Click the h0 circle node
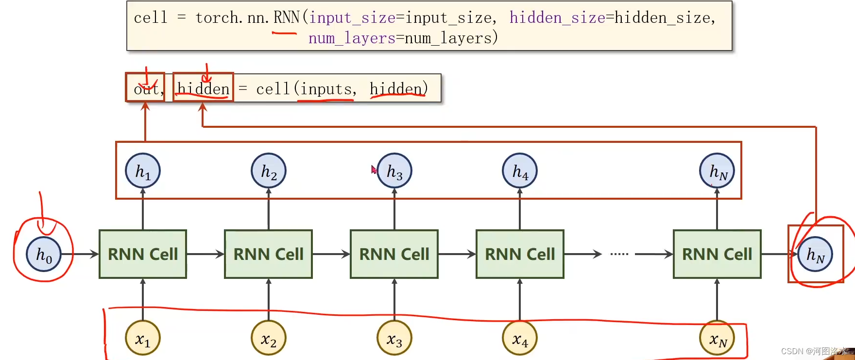[43, 254]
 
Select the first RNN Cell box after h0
[143, 254]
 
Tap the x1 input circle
[143, 338]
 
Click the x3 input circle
[394, 338]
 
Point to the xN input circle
[717, 338]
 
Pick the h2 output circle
[269, 171]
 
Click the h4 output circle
[520, 171]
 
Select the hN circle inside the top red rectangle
[717, 171]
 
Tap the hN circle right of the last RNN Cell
[815, 254]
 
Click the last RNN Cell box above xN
[717, 254]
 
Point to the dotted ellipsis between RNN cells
[619, 254]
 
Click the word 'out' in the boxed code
[146, 89]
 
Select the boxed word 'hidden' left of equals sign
[203, 89]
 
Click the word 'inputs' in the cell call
[325, 89]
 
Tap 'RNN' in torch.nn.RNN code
[287, 18]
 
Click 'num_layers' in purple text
[352, 38]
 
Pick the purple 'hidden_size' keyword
[557, 18]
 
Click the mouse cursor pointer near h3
[374, 170]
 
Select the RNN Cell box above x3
[394, 254]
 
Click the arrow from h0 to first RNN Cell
[85, 254]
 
